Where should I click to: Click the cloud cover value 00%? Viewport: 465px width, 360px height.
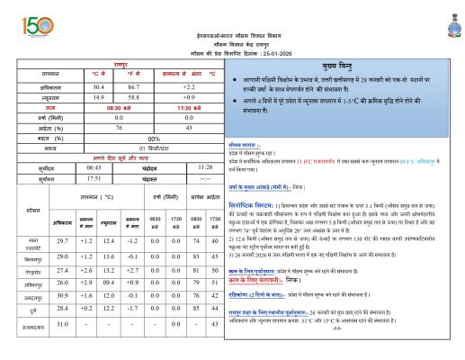coord(155,138)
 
